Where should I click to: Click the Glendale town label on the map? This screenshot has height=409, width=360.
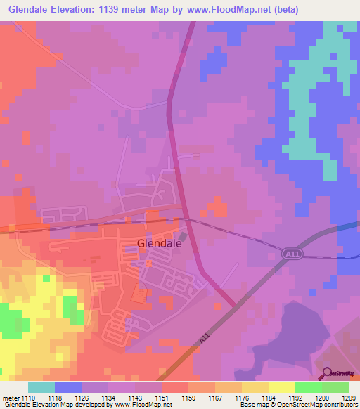[x=159, y=243]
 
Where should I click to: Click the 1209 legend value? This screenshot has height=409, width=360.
[x=349, y=398]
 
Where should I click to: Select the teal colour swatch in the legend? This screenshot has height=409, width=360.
[x=41, y=387]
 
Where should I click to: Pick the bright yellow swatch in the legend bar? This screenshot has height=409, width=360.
[x=281, y=387]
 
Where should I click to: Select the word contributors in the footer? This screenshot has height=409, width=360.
[x=339, y=405]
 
